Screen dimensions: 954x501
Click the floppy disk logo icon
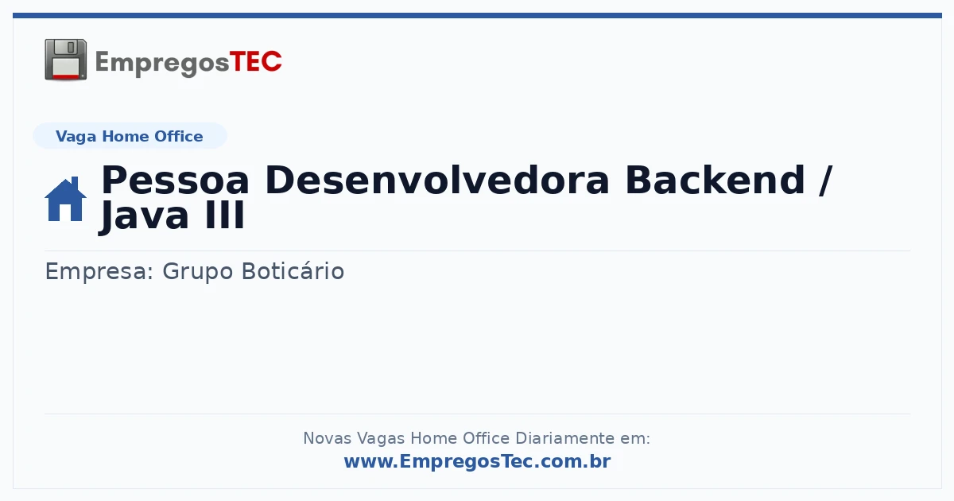click(65, 60)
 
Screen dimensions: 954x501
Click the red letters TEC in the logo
click(255, 62)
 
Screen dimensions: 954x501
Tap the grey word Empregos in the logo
click(162, 64)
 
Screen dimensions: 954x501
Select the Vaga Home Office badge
click(130, 136)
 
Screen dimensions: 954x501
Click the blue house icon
click(65, 199)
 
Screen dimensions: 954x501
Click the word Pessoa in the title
click(175, 181)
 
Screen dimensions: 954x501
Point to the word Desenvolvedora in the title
click(437, 181)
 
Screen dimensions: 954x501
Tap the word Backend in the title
click(715, 181)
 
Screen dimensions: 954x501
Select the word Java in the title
click(144, 216)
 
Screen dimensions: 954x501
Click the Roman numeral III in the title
click(225, 216)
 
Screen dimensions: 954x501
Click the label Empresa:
click(99, 272)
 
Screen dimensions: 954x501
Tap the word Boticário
click(293, 271)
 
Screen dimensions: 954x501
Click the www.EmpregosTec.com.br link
click(478, 461)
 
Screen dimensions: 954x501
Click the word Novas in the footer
click(327, 438)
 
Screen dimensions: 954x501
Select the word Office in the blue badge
click(178, 136)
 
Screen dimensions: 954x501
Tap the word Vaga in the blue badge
click(76, 137)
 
